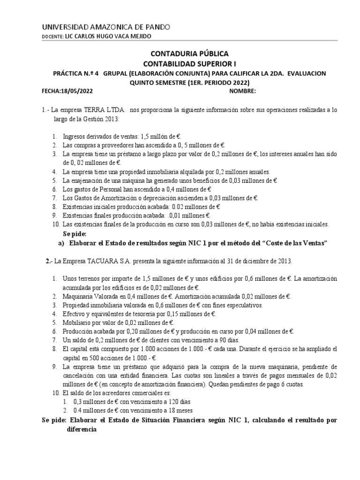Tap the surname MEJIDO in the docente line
pos(139,37)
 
